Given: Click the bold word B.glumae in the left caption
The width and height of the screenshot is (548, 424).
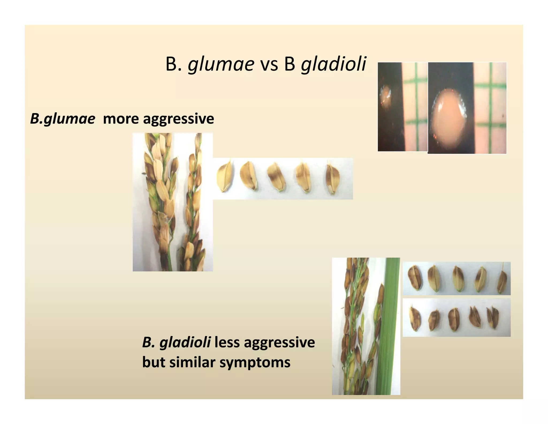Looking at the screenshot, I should coord(63,119).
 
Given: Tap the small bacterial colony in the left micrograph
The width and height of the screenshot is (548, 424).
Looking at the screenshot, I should coord(386,96).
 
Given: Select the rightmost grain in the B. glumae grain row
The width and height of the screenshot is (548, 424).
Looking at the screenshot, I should coord(333,177).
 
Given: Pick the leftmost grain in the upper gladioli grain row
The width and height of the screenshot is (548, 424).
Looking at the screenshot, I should coord(415,278).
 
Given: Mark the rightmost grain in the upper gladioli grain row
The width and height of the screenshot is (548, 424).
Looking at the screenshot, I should coord(502,281).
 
